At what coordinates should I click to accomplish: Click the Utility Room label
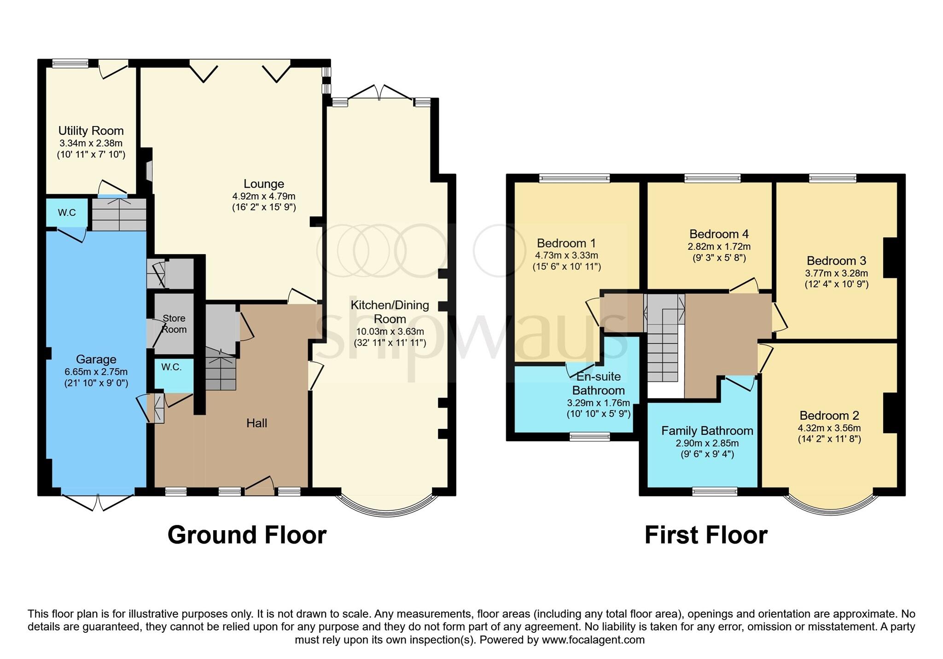[x=91, y=131]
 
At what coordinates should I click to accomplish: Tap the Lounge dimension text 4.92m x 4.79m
[x=263, y=197]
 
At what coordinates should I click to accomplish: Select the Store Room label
[x=174, y=324]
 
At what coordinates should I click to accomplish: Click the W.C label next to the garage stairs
[x=67, y=212]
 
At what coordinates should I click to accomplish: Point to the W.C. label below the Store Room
[x=171, y=367]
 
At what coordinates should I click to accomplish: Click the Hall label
[x=256, y=423]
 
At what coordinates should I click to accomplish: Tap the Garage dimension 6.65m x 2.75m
[x=96, y=372]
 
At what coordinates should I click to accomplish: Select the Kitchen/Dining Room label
[x=390, y=312]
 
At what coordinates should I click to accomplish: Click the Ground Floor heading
[x=247, y=535]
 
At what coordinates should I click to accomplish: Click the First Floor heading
[x=705, y=535]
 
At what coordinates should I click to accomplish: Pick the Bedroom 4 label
[x=719, y=234]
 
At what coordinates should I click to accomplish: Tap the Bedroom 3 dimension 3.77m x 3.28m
[x=836, y=273]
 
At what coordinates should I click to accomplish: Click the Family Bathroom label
[x=707, y=431]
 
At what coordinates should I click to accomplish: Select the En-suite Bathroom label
[x=598, y=383]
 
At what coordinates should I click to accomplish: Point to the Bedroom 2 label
[x=829, y=416]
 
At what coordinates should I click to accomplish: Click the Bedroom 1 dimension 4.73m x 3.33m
[x=566, y=255]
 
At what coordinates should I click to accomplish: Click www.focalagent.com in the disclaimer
[x=593, y=640]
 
